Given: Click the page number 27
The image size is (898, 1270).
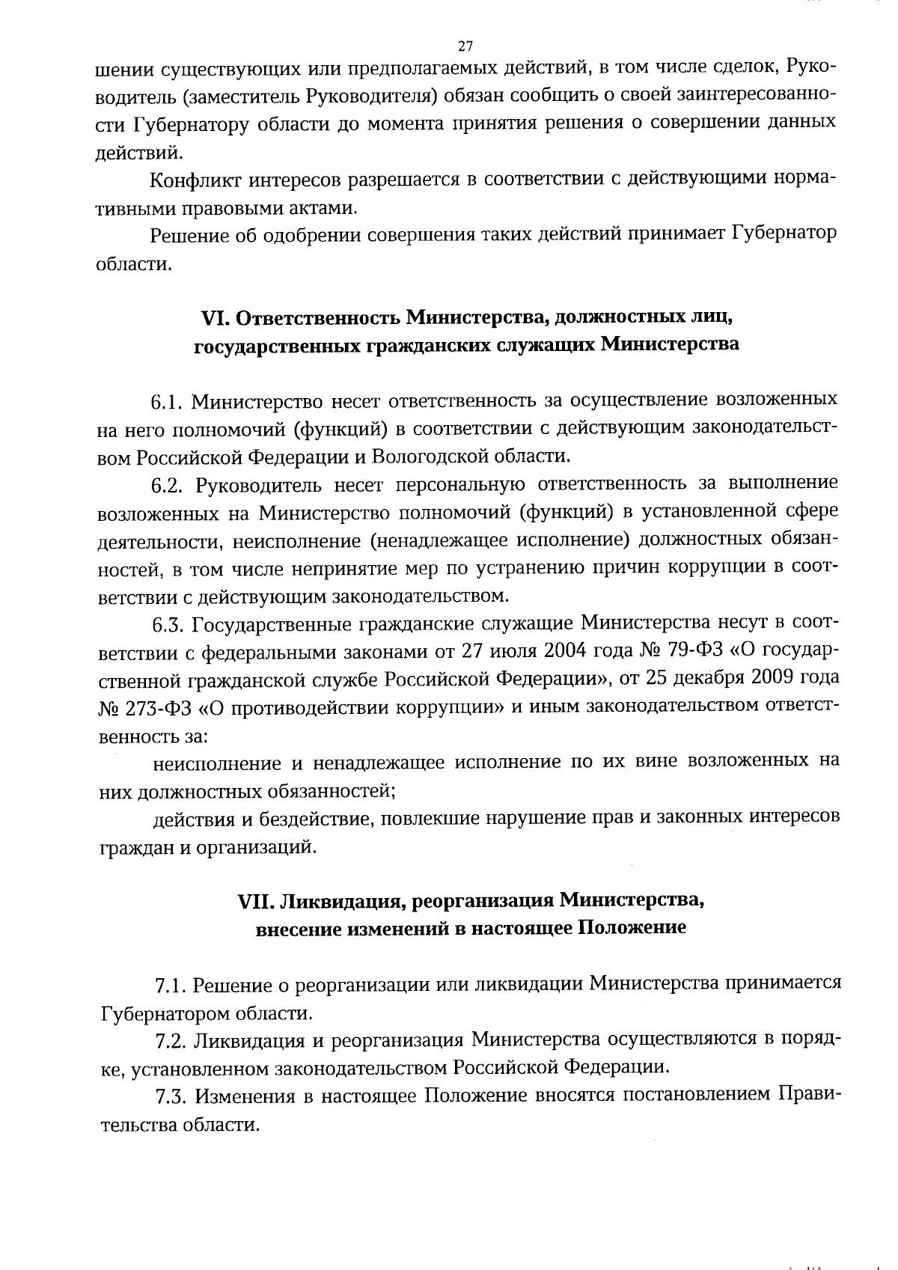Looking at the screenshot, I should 465,46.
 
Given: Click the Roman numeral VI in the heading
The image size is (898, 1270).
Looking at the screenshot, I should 215,317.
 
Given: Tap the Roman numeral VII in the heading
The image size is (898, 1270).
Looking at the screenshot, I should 255,900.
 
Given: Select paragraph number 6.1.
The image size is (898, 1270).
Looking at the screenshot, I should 168,403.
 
